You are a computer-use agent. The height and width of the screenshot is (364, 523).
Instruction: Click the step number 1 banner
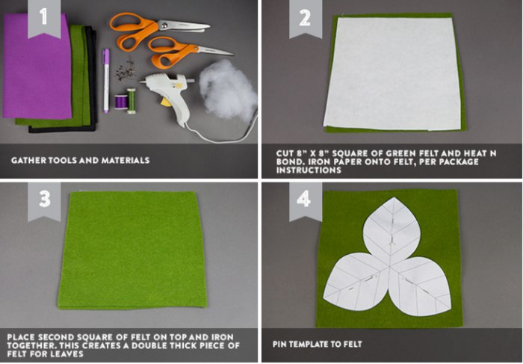[x=44, y=19]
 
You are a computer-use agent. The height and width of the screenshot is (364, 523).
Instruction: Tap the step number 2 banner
[x=306, y=19]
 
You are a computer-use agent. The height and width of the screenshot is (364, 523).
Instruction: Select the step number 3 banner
[x=44, y=201]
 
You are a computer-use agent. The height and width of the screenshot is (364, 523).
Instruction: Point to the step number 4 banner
[x=306, y=201]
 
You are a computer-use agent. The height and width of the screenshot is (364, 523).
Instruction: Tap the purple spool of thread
[x=121, y=102]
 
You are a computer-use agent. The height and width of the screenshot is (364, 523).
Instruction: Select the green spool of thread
[x=131, y=101]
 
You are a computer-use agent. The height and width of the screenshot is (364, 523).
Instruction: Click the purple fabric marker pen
[x=106, y=81]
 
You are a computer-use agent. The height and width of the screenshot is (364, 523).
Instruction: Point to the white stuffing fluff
[x=228, y=90]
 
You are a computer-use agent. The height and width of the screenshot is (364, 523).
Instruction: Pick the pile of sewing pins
[x=127, y=70]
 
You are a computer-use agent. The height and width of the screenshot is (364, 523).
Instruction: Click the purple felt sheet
[x=37, y=67]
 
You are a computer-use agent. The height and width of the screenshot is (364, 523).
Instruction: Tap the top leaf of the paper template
[x=392, y=229]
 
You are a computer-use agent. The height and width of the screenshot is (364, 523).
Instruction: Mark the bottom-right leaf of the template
[x=420, y=286]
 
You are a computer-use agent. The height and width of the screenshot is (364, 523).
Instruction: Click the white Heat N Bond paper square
[x=393, y=73]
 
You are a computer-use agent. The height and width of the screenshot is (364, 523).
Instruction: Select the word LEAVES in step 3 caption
[x=70, y=354]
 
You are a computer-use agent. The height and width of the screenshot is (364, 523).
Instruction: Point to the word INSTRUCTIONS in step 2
[x=309, y=170]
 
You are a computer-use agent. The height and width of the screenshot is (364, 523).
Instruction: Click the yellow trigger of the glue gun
[x=166, y=102]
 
